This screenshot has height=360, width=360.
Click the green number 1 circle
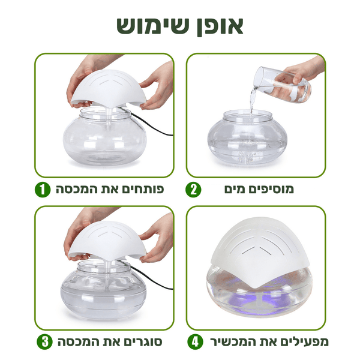[41, 190]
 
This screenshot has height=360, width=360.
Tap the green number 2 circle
[194, 190]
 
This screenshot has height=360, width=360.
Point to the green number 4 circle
[194, 343]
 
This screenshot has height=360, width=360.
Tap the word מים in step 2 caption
[236, 190]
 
